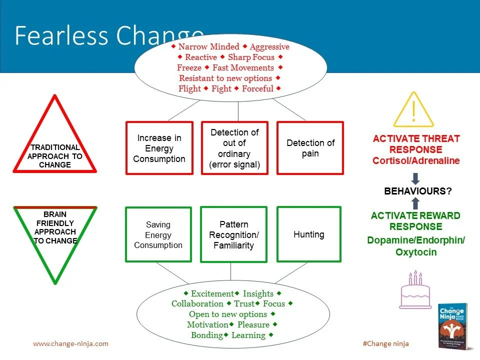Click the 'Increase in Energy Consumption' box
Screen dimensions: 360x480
[159, 148]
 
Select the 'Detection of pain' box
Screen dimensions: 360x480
[310, 148]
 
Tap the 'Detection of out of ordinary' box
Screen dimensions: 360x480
[234, 148]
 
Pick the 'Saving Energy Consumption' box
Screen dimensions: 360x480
[158, 234]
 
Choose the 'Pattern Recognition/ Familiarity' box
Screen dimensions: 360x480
[233, 234]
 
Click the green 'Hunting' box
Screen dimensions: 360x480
[309, 234]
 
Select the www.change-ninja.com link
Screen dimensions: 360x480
[70, 343]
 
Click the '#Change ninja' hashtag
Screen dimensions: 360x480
[385, 343]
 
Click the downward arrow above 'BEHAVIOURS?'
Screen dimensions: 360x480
[415, 178]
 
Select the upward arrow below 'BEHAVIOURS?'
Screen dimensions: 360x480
[415, 202]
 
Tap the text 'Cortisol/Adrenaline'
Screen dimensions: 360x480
[416, 160]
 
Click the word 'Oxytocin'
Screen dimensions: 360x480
[416, 252]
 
